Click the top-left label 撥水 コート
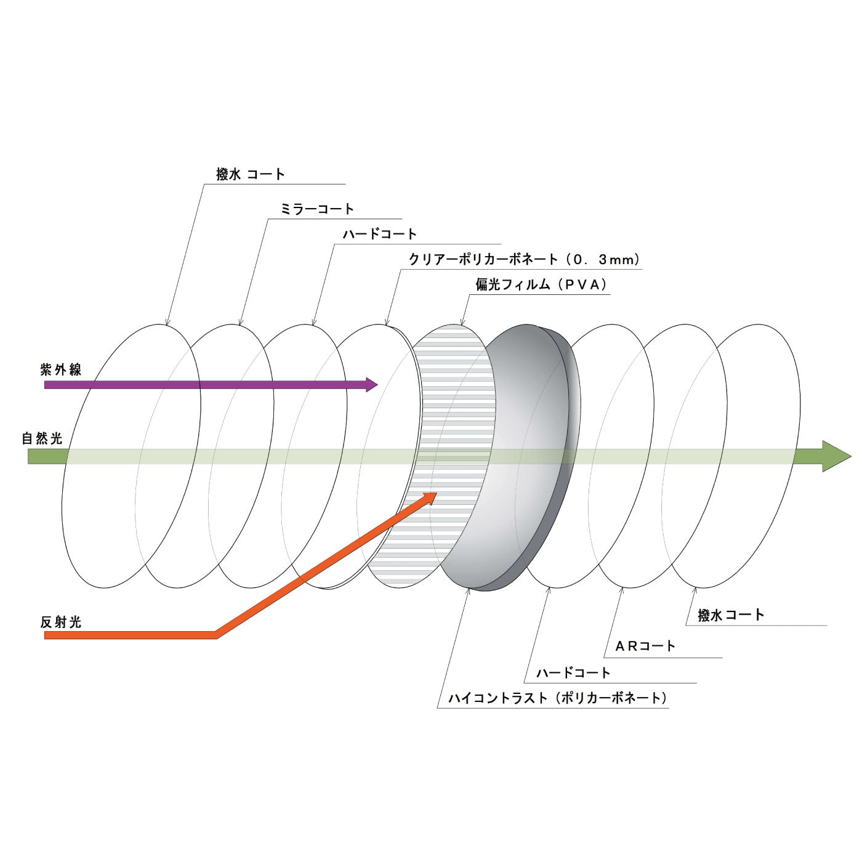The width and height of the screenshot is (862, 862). click(x=251, y=174)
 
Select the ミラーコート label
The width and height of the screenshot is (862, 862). click(x=317, y=209)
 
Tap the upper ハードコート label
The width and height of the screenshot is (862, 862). click(x=380, y=235)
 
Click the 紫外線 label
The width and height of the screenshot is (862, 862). click(x=61, y=370)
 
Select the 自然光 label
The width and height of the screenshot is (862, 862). click(x=42, y=439)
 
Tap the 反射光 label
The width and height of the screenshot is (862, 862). click(x=61, y=622)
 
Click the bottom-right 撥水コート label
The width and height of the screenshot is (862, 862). click(x=731, y=615)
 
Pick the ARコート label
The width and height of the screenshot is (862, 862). click(x=645, y=647)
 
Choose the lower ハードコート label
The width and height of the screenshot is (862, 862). click(x=573, y=673)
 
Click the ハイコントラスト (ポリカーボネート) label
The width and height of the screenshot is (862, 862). click(x=558, y=698)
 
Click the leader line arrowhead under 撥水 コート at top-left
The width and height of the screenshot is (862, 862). click(x=166, y=323)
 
